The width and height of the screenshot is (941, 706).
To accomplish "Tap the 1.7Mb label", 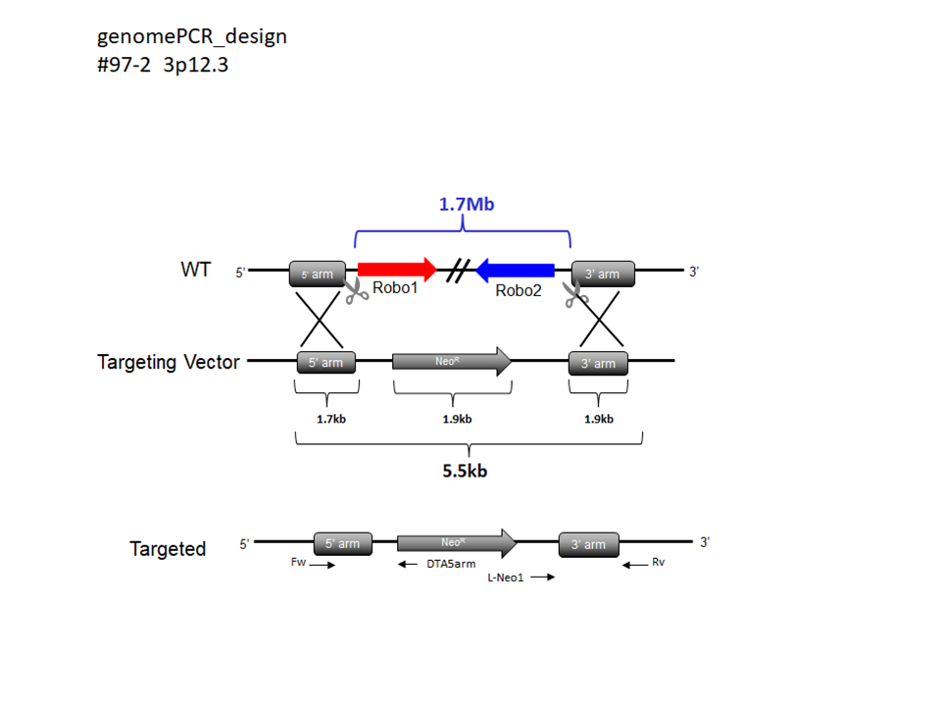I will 463,207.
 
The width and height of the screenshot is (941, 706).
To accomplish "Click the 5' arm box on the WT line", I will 317,275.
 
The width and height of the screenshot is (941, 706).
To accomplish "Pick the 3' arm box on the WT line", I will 602,274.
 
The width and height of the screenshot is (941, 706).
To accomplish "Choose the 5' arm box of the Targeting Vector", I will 325,362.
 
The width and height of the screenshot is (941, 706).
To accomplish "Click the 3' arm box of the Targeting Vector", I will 598,363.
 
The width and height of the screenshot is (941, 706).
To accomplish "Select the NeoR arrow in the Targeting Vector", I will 451,361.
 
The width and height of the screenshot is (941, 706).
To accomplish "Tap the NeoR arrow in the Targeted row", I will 456,542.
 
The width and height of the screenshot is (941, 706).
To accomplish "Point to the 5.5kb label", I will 466,470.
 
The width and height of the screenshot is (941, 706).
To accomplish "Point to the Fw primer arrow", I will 321,565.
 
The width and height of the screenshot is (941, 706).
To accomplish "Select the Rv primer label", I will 658,562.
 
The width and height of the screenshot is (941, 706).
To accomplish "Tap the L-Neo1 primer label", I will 506,578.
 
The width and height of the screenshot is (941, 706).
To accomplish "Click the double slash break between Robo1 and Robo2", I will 455,270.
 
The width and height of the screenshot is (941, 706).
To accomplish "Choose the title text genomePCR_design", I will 192,37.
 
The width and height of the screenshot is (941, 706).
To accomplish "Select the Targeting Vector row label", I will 169,362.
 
